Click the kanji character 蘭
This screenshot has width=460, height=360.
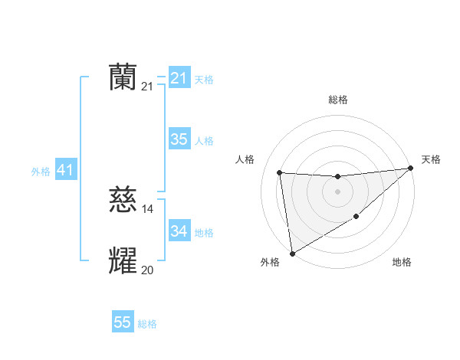(x=123, y=77)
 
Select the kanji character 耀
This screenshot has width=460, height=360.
(x=123, y=261)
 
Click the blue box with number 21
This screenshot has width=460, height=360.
(x=179, y=78)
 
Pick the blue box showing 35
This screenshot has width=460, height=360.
(x=179, y=139)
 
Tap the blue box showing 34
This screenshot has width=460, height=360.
(x=179, y=231)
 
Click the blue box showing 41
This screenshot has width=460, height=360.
(x=65, y=170)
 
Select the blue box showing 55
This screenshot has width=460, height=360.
(x=123, y=322)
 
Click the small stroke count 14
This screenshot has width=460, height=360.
(x=148, y=209)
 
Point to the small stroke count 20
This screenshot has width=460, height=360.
(x=147, y=270)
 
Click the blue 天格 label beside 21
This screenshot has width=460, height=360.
(x=204, y=80)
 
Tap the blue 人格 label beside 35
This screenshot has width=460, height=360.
(x=204, y=141)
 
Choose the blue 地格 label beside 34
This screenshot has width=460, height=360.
(x=204, y=232)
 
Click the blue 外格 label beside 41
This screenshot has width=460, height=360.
(x=41, y=172)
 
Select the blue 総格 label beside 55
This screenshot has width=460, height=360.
(x=147, y=324)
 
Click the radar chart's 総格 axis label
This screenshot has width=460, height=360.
(x=337, y=100)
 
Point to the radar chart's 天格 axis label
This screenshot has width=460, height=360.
(x=431, y=159)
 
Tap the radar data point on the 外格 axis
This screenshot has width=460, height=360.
(x=292, y=253)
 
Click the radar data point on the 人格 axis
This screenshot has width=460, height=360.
(x=280, y=172)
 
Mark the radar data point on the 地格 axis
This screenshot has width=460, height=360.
(x=356, y=217)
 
